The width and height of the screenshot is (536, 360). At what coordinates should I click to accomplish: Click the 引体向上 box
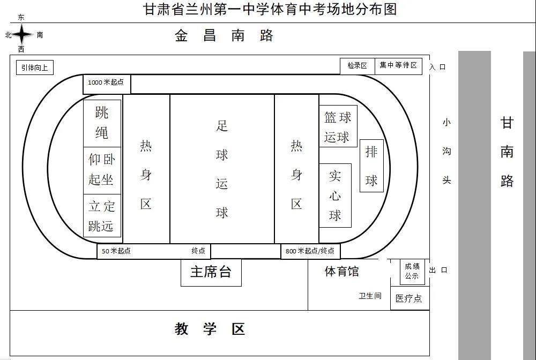tap(35, 67)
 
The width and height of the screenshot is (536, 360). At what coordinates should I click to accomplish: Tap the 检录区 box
tap(357, 66)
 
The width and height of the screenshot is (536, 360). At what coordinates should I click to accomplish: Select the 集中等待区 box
tap(398, 65)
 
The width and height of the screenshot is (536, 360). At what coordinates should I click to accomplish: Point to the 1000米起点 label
tap(106, 82)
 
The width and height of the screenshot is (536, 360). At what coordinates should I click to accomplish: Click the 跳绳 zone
tap(102, 123)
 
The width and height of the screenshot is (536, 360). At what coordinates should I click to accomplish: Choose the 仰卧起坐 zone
tap(102, 170)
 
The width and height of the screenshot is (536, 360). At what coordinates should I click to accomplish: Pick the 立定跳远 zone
tap(102, 216)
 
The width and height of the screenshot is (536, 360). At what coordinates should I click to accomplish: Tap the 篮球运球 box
tap(338, 126)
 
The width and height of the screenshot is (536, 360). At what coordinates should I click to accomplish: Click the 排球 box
tap(371, 166)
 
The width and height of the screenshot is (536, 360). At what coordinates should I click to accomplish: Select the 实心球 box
tap(335, 196)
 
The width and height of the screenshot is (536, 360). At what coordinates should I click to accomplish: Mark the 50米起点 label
tap(116, 251)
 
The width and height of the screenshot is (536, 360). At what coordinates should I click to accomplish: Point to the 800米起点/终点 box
tap(310, 251)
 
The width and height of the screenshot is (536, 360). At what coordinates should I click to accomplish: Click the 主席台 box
tap(211, 272)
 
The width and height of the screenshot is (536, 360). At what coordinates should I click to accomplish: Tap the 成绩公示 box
tap(412, 272)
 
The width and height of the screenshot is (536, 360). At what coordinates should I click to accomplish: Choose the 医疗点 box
tap(409, 298)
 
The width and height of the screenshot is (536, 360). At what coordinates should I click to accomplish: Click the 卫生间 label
tap(370, 296)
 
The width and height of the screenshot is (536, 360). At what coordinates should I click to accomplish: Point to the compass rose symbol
tap(23, 35)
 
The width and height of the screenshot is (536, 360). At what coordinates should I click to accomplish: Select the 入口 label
tap(437, 67)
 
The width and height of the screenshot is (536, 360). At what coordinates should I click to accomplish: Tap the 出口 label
tap(438, 270)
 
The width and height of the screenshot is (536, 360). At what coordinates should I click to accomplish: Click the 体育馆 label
tap(341, 272)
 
